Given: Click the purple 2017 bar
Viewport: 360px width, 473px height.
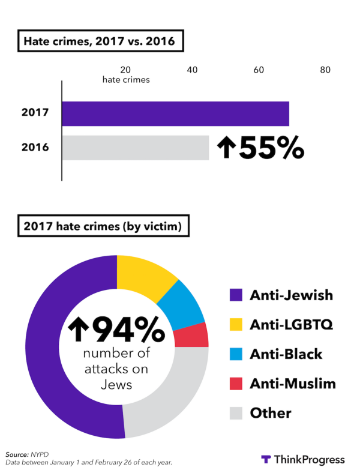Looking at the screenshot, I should (175, 113).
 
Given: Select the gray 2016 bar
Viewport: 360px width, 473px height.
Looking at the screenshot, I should (136, 148).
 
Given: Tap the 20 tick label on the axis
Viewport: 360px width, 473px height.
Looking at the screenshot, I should (126, 70).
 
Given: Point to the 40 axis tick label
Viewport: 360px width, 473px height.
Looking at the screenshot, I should (193, 70).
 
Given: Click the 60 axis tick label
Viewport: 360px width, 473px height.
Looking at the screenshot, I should (259, 70).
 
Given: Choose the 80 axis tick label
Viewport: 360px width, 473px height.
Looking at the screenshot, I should (325, 70).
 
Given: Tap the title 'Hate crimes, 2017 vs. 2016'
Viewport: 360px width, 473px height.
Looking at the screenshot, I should (99, 42).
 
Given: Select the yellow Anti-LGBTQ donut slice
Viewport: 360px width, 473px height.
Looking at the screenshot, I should (145, 276).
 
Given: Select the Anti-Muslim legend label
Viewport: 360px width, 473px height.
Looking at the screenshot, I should (293, 383).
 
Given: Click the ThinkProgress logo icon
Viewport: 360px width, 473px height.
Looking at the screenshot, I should (266, 460).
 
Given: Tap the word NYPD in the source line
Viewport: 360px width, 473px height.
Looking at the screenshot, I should (41, 454).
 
